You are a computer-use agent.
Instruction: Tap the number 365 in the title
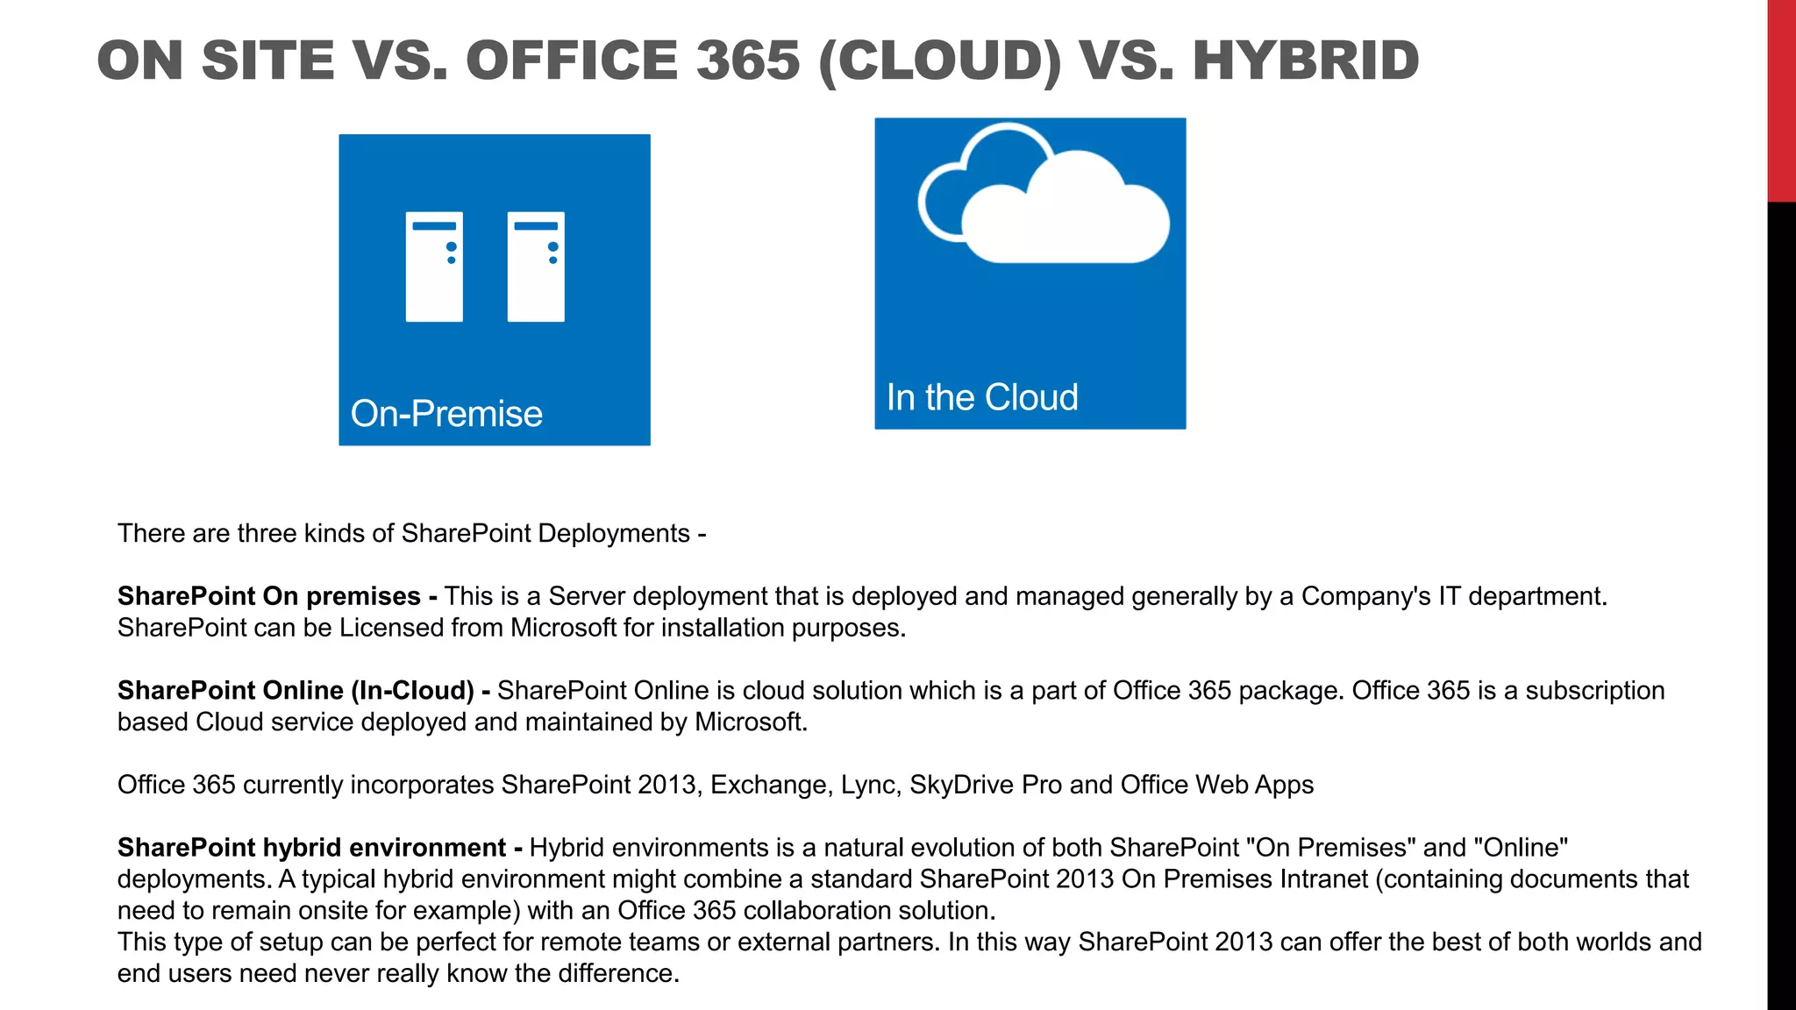pos(748,60)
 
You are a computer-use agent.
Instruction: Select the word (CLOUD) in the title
pos(939,60)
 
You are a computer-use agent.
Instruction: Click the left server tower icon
pos(434,267)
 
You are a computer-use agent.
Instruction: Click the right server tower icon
pos(536,267)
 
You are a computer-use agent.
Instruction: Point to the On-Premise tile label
pos(446,414)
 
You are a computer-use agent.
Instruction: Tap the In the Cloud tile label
pos(982,397)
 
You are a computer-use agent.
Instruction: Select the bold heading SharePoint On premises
pos(269,596)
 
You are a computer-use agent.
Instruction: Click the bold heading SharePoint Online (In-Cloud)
pos(296,691)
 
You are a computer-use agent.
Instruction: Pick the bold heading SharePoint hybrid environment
pos(311,848)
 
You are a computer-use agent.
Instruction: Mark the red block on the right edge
pos(1781,101)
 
